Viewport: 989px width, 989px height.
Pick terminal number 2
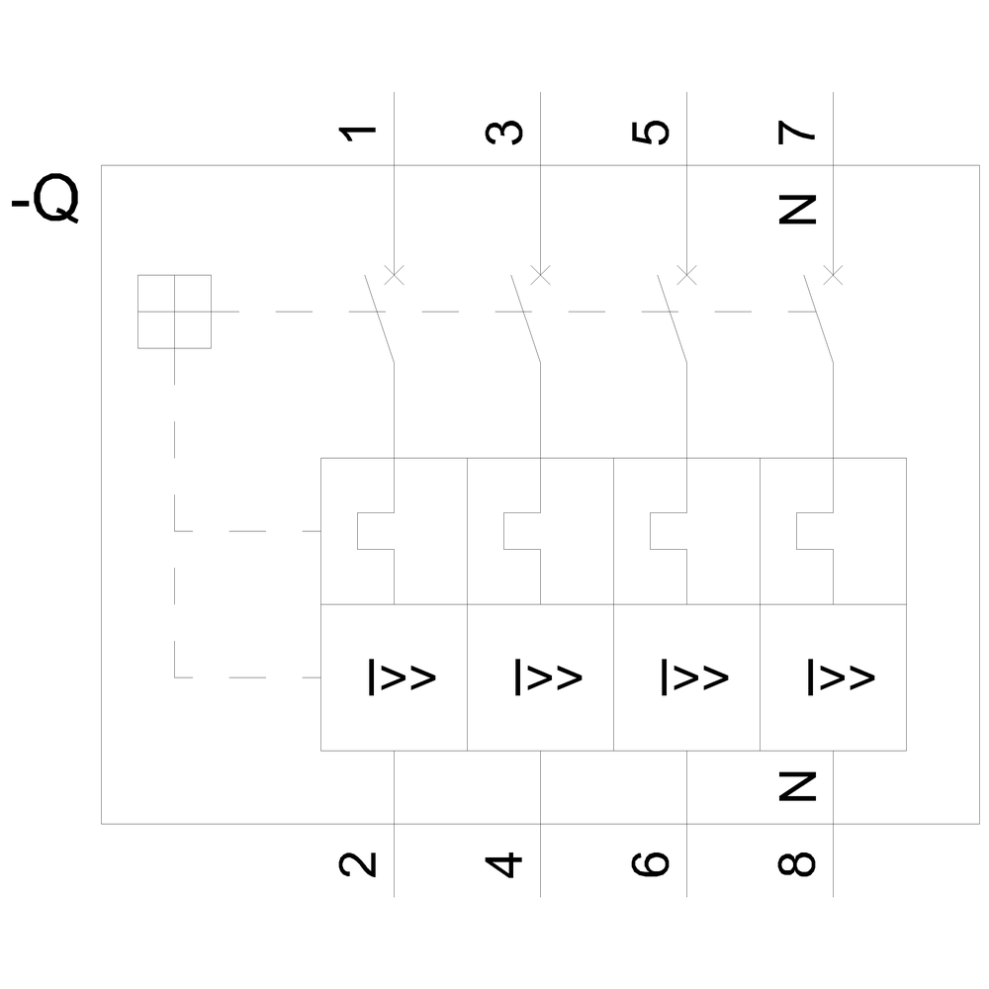358,863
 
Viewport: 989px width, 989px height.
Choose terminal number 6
650,863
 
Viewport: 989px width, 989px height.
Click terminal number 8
797,863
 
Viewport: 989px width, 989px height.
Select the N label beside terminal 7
797,208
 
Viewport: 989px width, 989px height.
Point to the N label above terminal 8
797,786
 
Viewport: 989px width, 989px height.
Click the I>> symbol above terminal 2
403,676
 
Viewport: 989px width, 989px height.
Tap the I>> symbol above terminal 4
549,676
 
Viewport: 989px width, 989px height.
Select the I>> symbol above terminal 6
695,676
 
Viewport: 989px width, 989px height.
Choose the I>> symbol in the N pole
842,676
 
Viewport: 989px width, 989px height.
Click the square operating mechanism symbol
174,312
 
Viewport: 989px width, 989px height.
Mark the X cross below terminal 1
394,274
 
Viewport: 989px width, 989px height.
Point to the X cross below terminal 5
685,274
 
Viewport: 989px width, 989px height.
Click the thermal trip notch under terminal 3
521,531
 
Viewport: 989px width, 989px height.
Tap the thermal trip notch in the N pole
814,531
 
